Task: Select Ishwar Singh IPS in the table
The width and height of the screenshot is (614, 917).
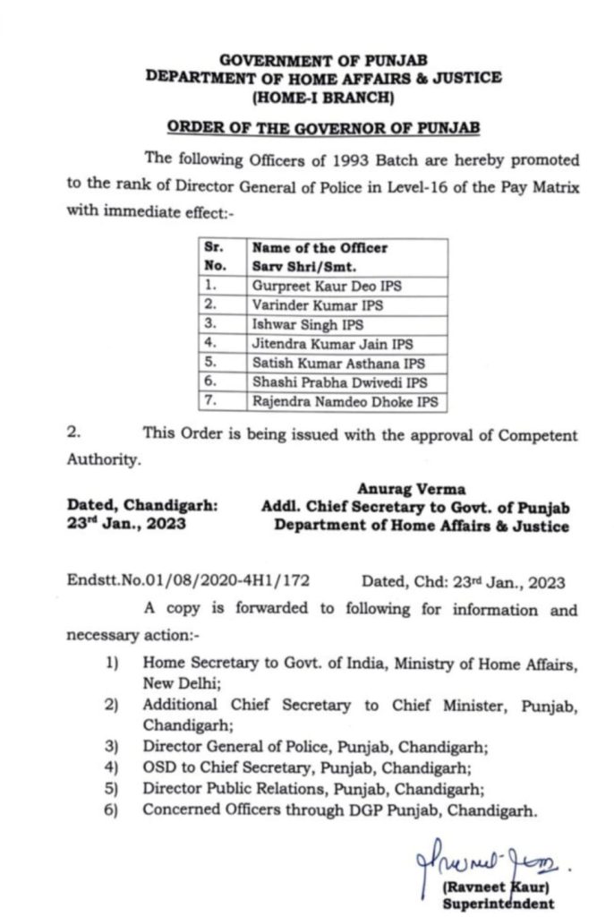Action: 295,324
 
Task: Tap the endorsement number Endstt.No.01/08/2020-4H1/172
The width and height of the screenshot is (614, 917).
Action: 189,581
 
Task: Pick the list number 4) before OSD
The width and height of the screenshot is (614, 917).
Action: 112,767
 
